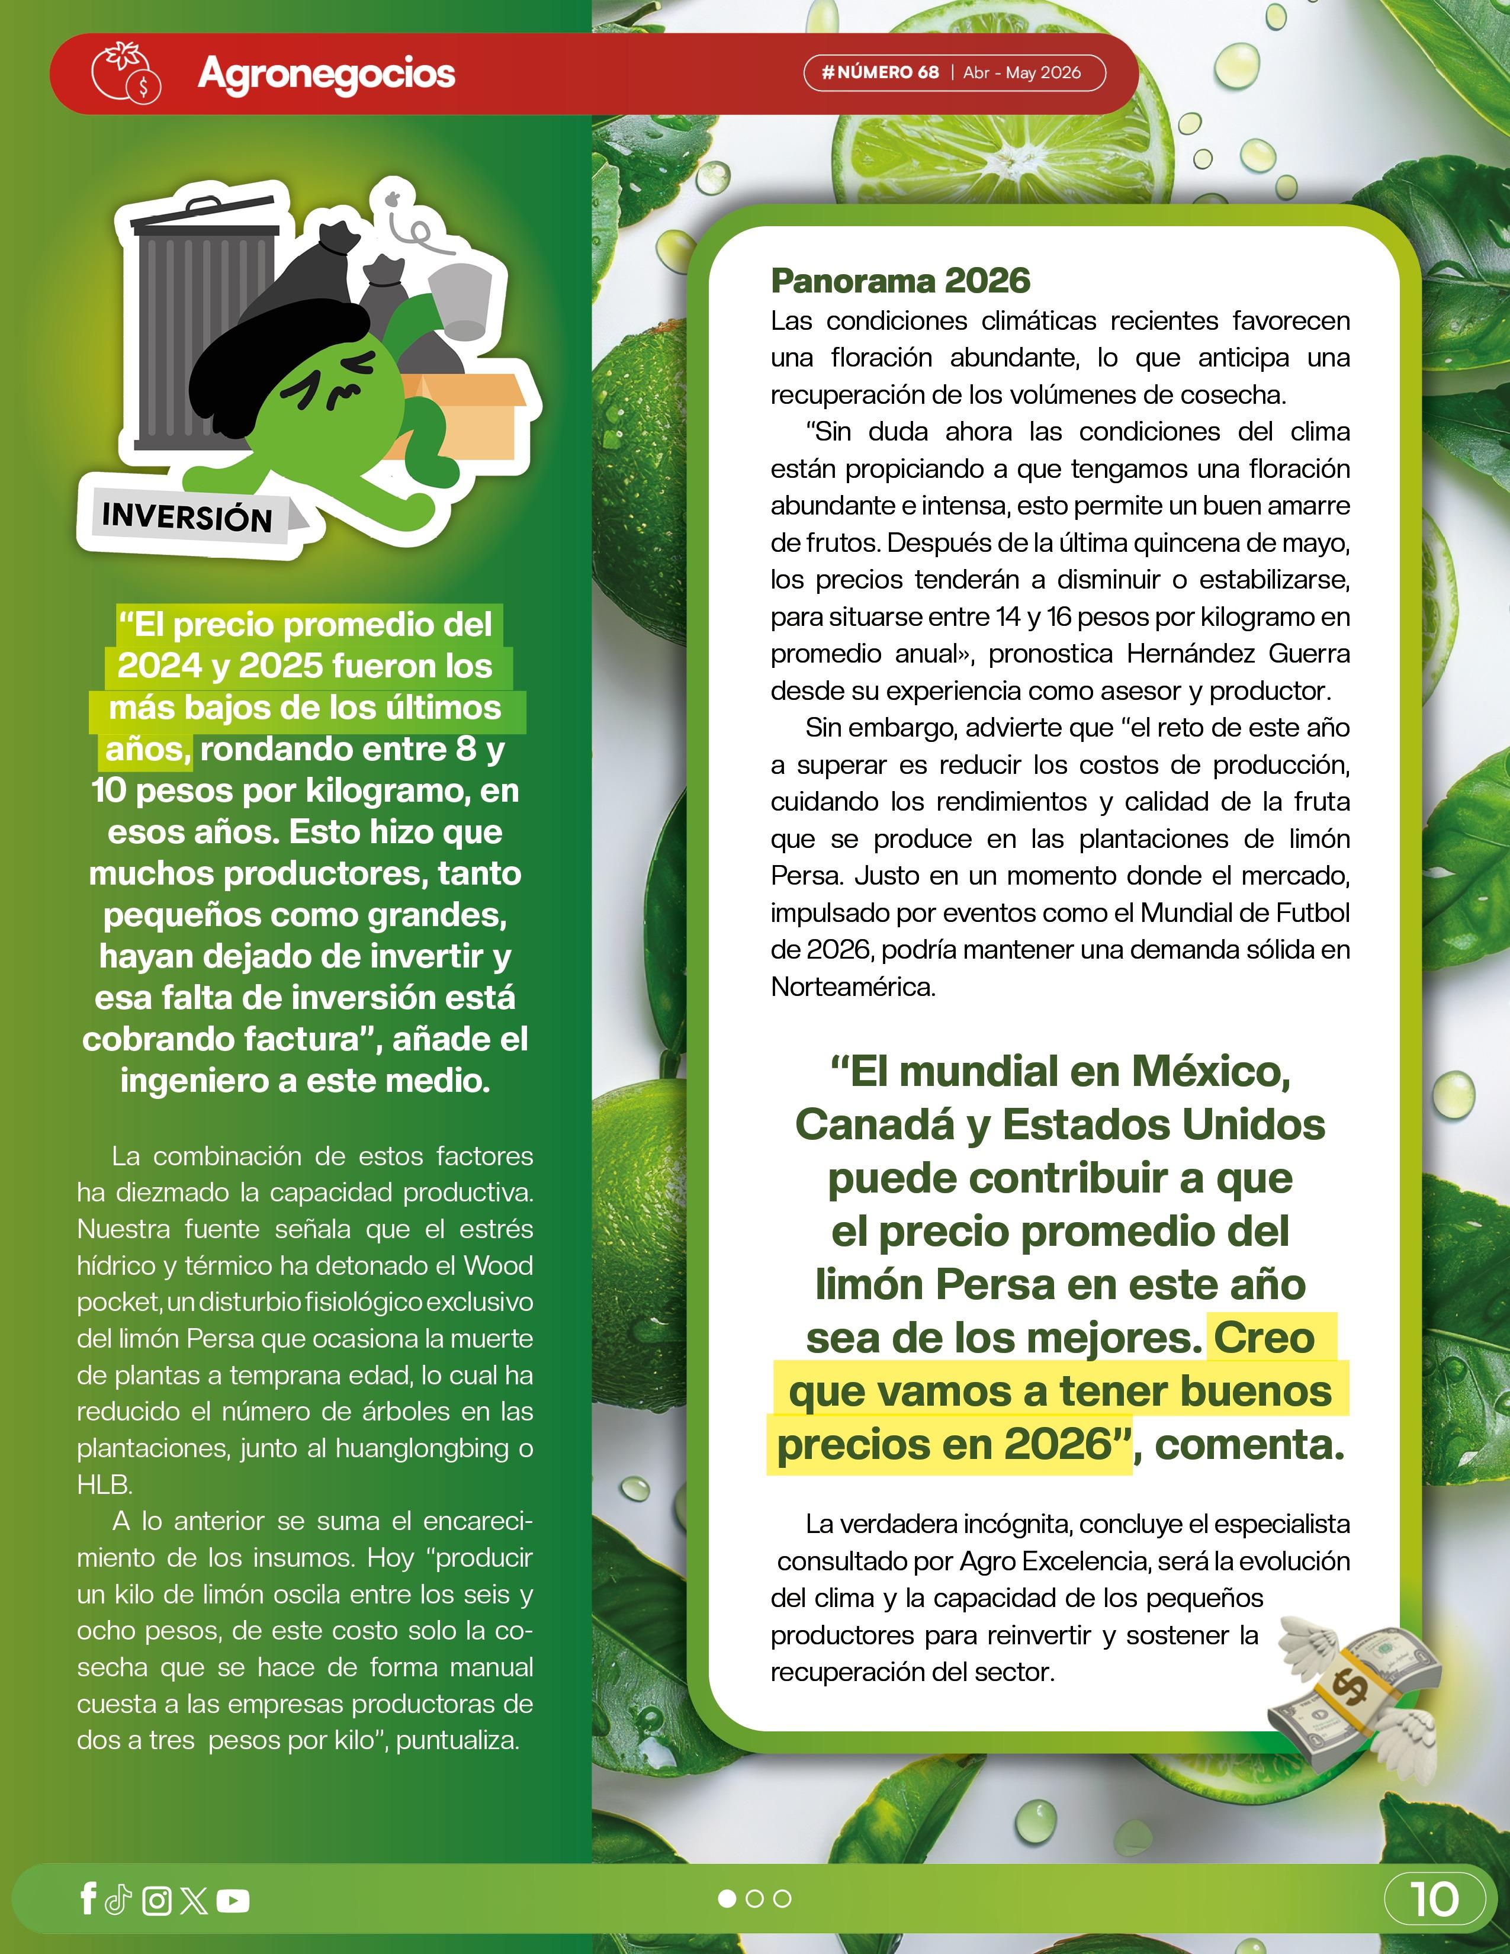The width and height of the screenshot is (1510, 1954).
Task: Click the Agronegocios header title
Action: click(326, 74)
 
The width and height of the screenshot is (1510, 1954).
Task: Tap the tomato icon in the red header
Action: click(124, 72)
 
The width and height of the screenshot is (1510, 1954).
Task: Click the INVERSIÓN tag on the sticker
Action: click(187, 517)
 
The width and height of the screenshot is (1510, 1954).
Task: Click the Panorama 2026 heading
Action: click(900, 281)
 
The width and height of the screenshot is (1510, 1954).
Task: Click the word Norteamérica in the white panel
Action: click(853, 987)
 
